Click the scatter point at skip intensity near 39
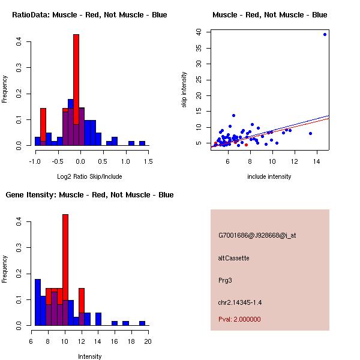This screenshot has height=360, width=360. click(325, 34)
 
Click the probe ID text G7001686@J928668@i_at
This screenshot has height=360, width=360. click(257, 235)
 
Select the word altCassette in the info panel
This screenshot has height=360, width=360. click(233, 258)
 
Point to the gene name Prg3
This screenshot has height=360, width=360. click(225, 280)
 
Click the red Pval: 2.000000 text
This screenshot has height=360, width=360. click(239, 319)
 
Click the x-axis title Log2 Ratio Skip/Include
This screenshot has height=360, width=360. click(89, 176)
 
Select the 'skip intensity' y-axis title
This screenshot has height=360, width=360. click(184, 90)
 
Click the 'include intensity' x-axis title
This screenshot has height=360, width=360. click(269, 176)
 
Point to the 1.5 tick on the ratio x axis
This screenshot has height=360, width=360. click(148, 161)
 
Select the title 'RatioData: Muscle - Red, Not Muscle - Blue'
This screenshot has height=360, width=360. click(89, 14)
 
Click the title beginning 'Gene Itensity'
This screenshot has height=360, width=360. click(89, 195)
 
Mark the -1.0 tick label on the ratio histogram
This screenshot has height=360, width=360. click(35, 161)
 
